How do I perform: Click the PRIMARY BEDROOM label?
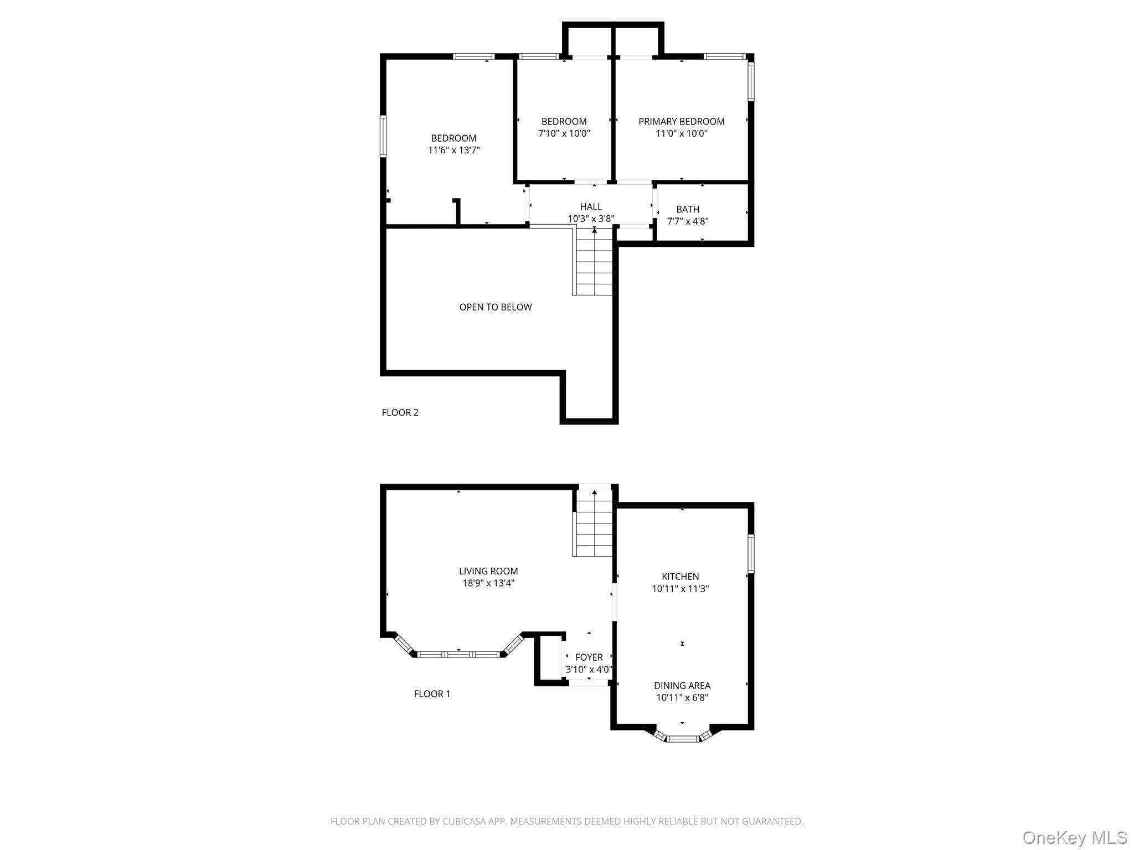coord(681,121)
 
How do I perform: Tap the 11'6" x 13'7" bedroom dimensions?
coord(453,150)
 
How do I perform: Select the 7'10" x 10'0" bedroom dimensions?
coord(564,133)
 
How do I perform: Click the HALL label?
coord(591,206)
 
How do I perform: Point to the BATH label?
coord(687,209)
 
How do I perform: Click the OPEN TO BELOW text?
coord(495,307)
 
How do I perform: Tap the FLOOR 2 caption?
coord(400,412)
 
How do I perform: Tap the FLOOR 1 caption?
coord(432,694)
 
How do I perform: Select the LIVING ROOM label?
coord(488,571)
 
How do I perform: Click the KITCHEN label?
coord(680,577)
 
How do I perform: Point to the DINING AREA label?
coord(682,686)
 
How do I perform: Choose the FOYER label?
coord(589,657)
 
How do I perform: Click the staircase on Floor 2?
coord(594,263)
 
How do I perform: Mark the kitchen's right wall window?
coord(751,553)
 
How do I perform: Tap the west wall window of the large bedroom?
coord(383,136)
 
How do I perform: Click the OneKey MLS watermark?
coord(1074,838)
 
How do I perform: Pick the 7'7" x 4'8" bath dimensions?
coord(687,221)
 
